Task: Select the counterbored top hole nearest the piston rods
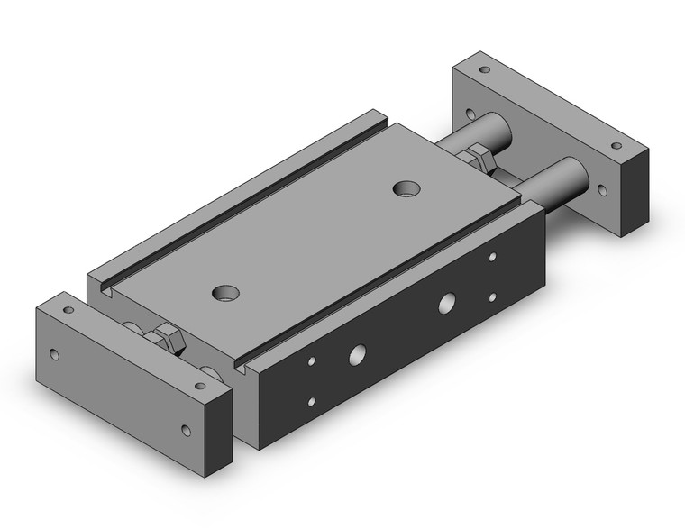[406, 188]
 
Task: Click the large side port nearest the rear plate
[446, 304]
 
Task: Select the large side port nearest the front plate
[357, 355]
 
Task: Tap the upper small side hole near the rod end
[492, 258]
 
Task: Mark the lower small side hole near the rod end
[492, 296]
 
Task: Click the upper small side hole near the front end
[312, 362]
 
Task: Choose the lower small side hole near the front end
[312, 402]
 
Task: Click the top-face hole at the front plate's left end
[68, 310]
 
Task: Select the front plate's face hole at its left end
[55, 354]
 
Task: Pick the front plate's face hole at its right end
[187, 430]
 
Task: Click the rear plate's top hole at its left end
[484, 69]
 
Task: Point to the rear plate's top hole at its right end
[616, 145]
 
